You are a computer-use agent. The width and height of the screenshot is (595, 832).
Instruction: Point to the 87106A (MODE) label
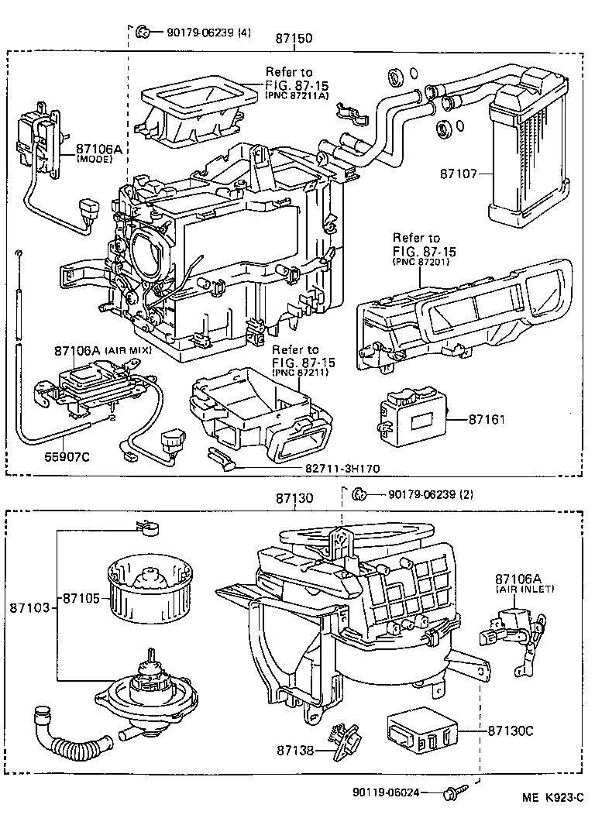95,153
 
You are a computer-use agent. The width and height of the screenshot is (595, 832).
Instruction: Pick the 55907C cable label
64,456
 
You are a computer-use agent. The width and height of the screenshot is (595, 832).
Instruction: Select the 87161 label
487,419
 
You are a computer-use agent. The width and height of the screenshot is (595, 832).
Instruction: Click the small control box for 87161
411,419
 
